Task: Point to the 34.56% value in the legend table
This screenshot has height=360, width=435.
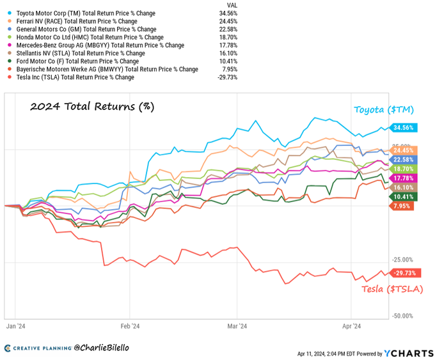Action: point(228,12)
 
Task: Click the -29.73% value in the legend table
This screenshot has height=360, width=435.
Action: point(227,77)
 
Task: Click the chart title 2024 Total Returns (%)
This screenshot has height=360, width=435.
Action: point(92,106)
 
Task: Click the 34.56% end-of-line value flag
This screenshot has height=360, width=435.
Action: point(406,128)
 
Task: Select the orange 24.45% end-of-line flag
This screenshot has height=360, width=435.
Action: point(406,150)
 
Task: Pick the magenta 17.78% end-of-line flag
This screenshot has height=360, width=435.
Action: point(406,178)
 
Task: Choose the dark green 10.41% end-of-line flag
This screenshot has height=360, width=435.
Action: point(406,197)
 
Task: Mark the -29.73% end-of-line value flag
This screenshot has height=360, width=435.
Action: point(406,273)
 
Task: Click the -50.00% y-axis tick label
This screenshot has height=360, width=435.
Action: point(404,316)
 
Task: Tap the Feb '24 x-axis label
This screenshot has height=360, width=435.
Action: point(130,326)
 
